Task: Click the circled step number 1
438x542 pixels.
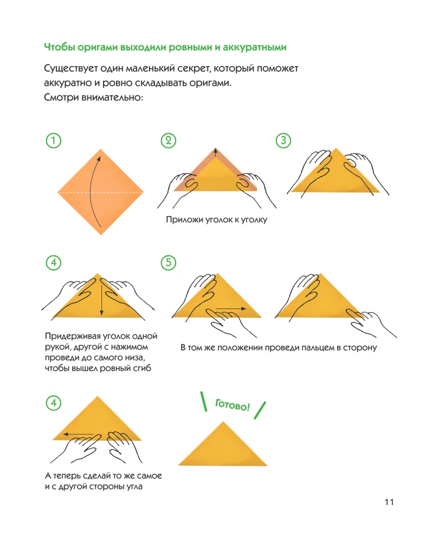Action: point(53,140)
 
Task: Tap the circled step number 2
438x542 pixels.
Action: point(169,140)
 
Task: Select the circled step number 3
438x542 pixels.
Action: point(284,140)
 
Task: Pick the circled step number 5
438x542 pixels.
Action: point(169,263)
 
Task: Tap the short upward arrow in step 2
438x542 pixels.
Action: point(216,153)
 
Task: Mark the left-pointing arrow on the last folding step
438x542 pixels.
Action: point(78,434)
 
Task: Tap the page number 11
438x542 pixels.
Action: point(388,502)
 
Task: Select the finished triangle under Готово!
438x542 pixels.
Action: point(223,447)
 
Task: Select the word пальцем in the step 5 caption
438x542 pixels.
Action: point(312,347)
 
